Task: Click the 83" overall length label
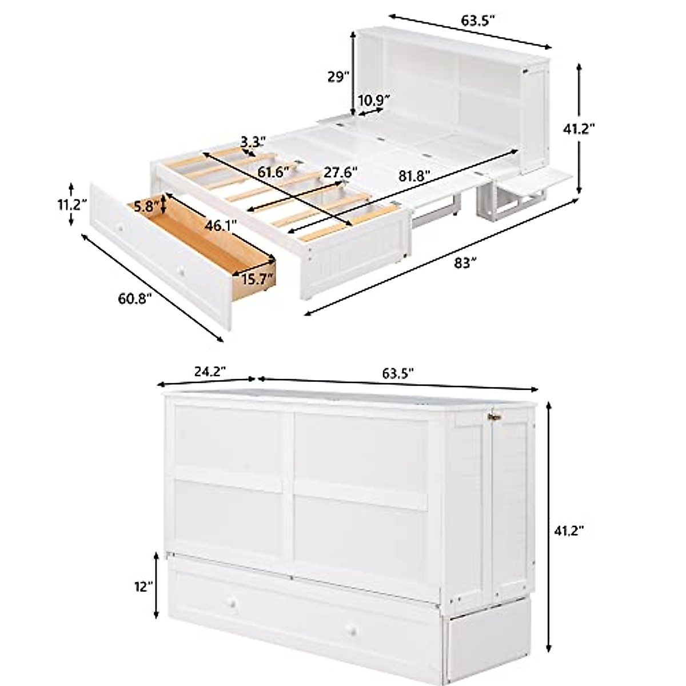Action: tap(465, 262)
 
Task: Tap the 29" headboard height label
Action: tap(337, 77)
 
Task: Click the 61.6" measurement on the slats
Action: tap(273, 171)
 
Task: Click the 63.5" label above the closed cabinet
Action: tap(398, 373)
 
